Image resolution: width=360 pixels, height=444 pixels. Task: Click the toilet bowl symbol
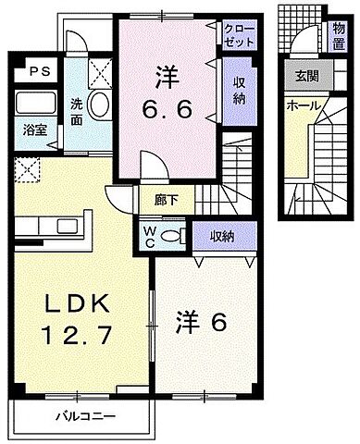point(169,237)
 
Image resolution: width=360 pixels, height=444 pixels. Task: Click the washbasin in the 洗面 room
point(100,105)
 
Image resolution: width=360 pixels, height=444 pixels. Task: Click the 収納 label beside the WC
point(220,236)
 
